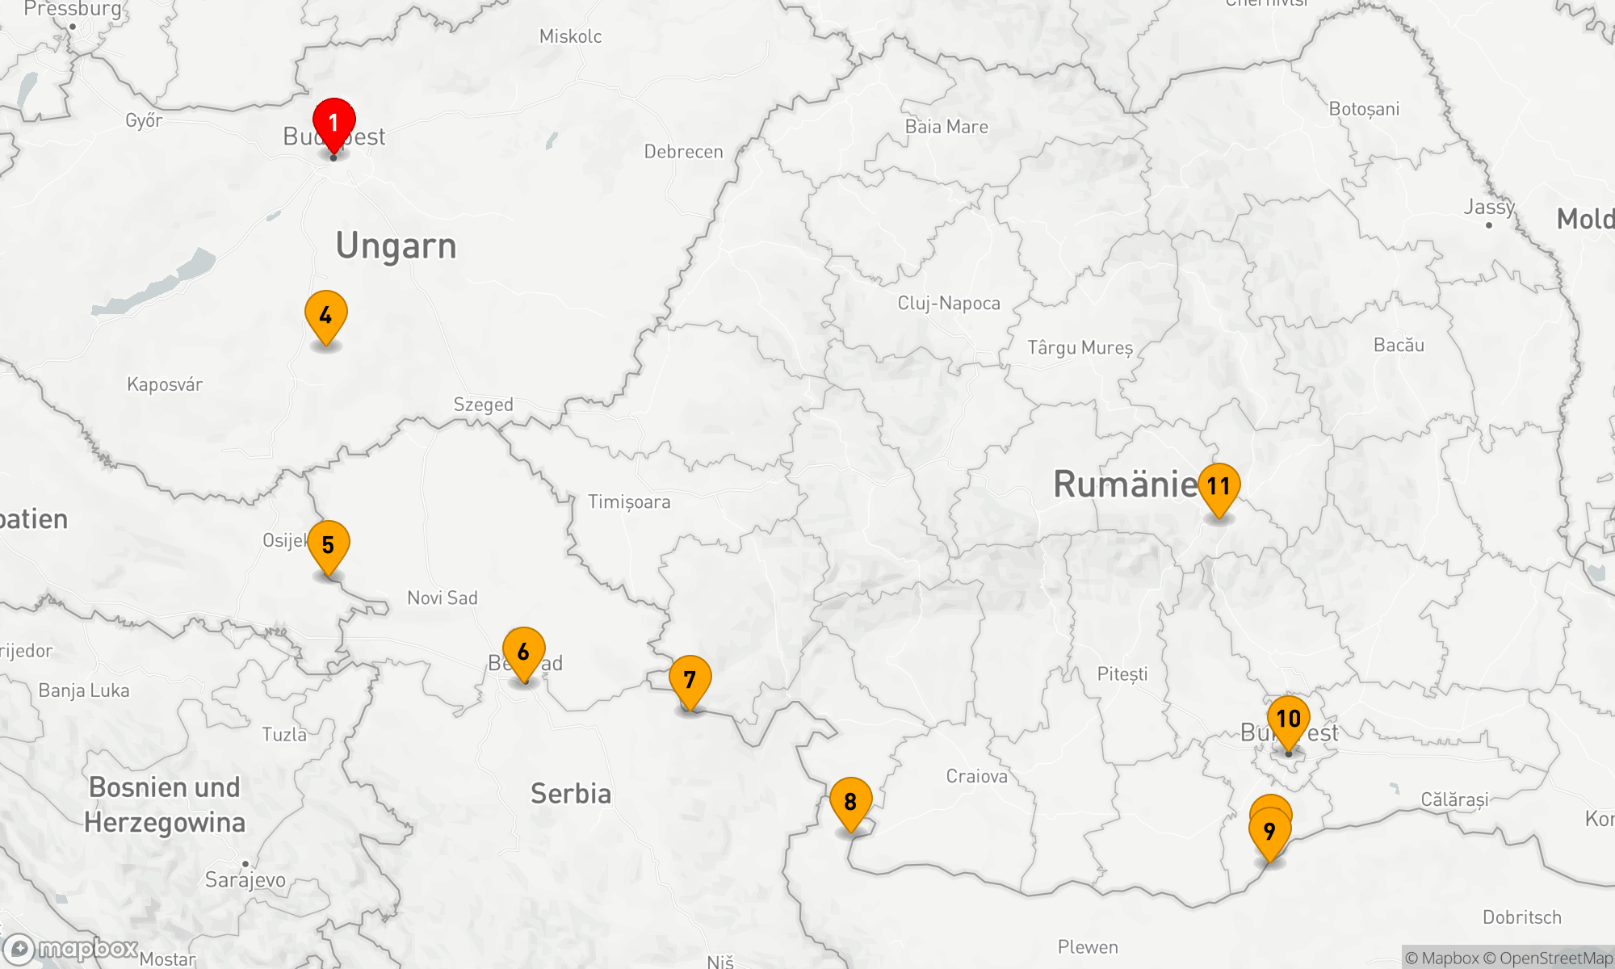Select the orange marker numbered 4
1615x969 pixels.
point(325,315)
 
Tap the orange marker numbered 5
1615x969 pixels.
point(328,545)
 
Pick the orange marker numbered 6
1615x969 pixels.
point(523,652)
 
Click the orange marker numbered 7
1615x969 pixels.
point(690,680)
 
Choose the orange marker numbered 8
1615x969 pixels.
point(850,802)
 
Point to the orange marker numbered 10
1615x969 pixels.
point(1288,719)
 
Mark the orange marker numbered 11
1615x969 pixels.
point(1219,486)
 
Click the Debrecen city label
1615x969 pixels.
point(683,152)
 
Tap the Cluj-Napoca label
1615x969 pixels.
point(949,304)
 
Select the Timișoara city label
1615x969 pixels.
point(629,502)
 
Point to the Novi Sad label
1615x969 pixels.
point(443,598)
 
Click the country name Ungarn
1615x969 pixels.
point(396,246)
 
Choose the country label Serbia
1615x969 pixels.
point(571,794)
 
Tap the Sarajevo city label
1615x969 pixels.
point(245,879)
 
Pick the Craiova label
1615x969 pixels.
point(976,777)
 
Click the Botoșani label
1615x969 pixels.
point(1364,109)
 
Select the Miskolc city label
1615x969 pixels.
point(570,36)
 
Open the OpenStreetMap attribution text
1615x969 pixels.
point(1555,959)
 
